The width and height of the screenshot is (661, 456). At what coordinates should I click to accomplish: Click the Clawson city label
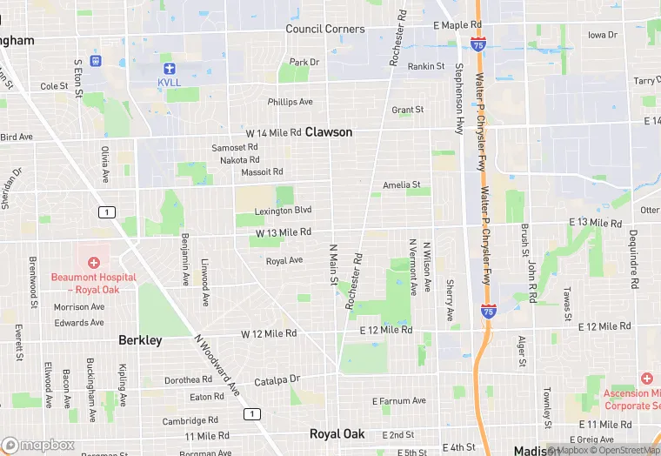click(329, 132)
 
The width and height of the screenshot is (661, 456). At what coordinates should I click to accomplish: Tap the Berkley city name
click(140, 340)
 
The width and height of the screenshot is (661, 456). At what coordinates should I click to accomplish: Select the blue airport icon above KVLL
click(169, 68)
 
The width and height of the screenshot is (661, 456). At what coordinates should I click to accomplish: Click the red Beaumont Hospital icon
click(93, 262)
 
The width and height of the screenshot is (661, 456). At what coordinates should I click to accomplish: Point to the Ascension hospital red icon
click(646, 379)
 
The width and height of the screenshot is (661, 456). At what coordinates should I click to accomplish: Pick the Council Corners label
click(325, 29)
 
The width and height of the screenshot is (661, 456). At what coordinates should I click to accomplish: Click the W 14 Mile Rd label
click(273, 133)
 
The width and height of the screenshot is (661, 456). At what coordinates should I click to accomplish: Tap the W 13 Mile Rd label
click(284, 232)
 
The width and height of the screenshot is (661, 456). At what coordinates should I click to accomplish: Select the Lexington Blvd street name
click(283, 211)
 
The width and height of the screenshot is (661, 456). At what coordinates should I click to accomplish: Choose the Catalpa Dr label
click(277, 380)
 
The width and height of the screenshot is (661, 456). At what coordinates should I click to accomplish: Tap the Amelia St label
click(402, 185)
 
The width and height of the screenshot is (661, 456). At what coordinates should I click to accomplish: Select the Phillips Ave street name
click(290, 102)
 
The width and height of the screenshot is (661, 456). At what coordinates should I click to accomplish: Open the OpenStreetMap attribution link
click(623, 450)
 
